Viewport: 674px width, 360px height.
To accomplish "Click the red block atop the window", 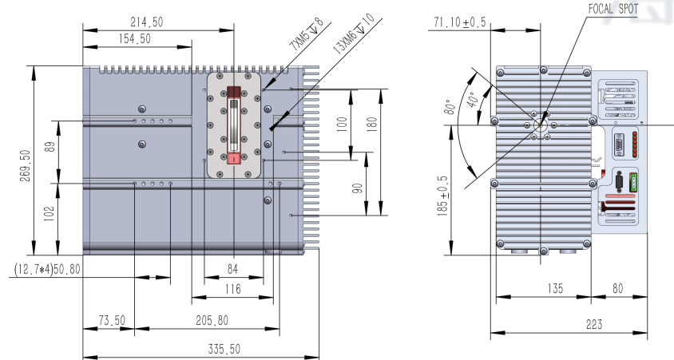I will coord(234,93).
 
